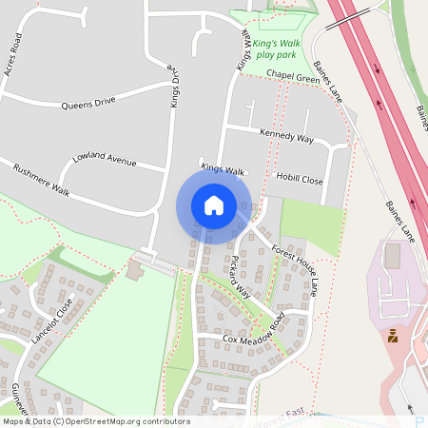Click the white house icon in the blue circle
214,205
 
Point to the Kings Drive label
175,84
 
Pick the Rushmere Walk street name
43,182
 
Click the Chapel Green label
293,77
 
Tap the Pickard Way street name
240,275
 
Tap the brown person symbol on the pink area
391,335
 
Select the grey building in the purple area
393,255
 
